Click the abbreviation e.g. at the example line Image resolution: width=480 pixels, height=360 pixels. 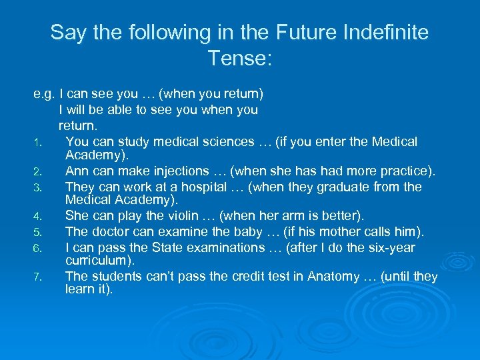44,95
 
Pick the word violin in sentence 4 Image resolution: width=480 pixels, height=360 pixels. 179,216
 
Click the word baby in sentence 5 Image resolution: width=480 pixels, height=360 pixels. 237,232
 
